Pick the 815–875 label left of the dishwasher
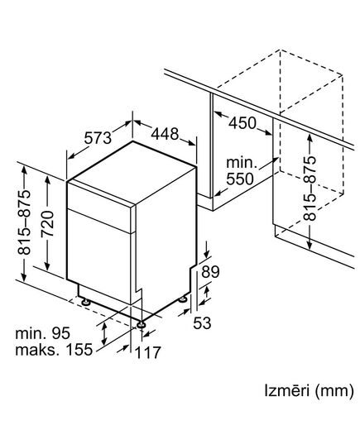click(x=26, y=223)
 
